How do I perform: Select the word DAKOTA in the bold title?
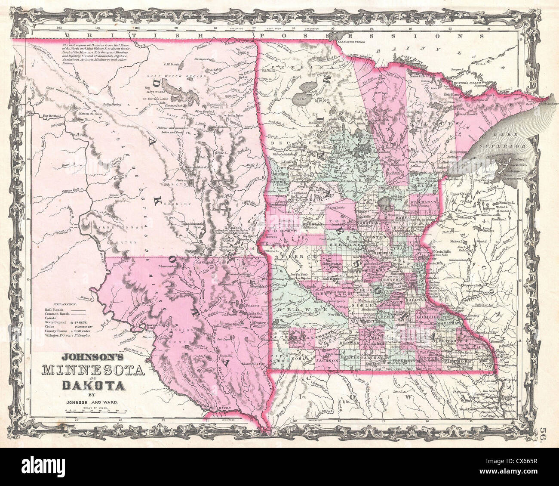point(94,384)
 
